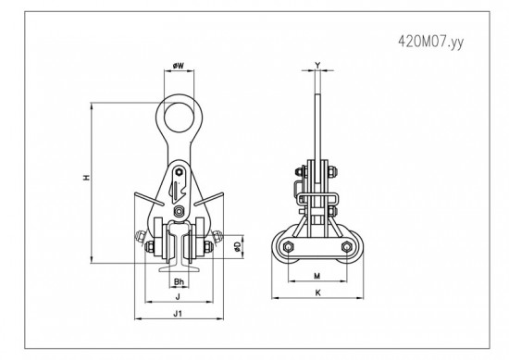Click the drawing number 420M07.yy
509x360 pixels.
tap(430, 42)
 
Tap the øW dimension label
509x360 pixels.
tap(179, 66)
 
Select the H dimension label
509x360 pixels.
tap(86, 178)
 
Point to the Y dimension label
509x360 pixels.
tap(317, 65)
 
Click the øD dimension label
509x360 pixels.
tap(238, 247)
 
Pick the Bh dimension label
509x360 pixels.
tap(179, 281)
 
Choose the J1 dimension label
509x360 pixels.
tap(178, 314)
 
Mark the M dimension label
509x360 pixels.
tap(317, 276)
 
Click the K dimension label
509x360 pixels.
tap(317, 292)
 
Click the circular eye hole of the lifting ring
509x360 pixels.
tap(179, 118)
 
